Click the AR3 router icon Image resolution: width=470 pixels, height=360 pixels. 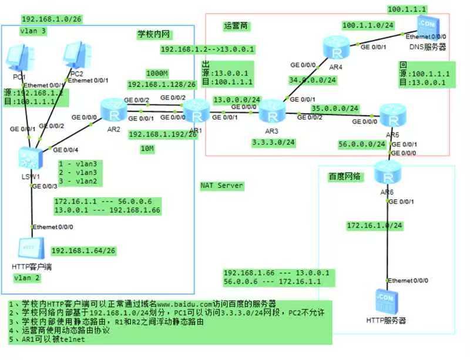[271, 109]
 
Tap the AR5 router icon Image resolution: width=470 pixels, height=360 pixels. [391, 113]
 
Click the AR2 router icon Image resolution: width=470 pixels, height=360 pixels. [110, 108]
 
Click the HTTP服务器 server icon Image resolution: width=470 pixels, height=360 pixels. [385, 300]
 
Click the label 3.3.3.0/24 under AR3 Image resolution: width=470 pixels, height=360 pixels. [273, 142]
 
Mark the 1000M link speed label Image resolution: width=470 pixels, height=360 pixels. [157, 73]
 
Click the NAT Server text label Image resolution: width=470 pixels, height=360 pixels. [221, 186]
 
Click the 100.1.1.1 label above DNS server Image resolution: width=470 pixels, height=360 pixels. [407, 9]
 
